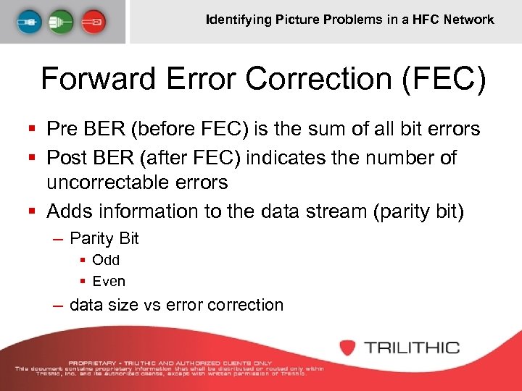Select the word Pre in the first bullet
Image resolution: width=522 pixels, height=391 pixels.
point(61,129)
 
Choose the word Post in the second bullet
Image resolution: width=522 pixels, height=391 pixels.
point(66,157)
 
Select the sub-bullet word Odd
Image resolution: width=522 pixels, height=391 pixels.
point(106,260)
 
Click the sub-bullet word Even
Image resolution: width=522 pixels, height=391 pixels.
point(109,281)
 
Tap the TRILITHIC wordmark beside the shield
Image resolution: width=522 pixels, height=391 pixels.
point(412,348)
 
